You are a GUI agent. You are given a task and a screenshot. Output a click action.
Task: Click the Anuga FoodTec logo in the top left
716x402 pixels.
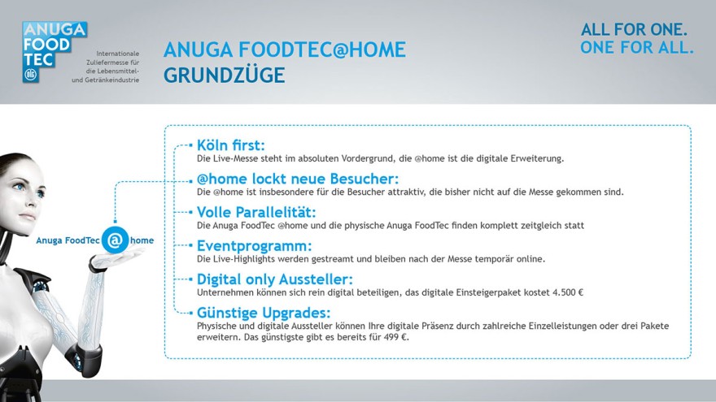click(x=55, y=52)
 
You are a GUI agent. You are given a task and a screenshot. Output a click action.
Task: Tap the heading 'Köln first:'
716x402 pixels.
click(x=230, y=145)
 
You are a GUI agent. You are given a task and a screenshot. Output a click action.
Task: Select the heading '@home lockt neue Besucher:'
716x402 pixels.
click(x=298, y=179)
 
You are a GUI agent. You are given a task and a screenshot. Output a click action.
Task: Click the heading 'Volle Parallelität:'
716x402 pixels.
click(x=256, y=212)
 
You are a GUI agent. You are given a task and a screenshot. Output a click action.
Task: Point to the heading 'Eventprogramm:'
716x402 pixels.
click(x=255, y=246)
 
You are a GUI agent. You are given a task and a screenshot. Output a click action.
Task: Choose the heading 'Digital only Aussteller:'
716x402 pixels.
click(x=275, y=279)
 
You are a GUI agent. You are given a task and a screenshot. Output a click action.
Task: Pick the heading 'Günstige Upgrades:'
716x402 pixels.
click(x=264, y=313)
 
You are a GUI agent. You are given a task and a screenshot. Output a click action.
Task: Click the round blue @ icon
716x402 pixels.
click(x=115, y=240)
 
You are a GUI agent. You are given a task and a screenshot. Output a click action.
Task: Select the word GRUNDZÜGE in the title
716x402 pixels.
click(x=225, y=76)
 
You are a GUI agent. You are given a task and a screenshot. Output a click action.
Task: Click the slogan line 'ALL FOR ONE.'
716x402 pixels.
click(x=634, y=29)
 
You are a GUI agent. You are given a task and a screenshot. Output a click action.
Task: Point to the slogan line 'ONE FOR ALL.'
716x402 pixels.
click(x=637, y=47)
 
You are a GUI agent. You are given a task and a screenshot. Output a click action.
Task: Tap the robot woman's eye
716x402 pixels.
click(x=20, y=187)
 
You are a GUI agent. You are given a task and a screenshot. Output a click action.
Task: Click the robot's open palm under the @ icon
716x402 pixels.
click(x=114, y=259)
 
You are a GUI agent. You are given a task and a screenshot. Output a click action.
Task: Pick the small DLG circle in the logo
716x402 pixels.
click(x=31, y=75)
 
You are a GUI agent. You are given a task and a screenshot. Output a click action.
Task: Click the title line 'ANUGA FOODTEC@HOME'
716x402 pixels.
click(x=285, y=50)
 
